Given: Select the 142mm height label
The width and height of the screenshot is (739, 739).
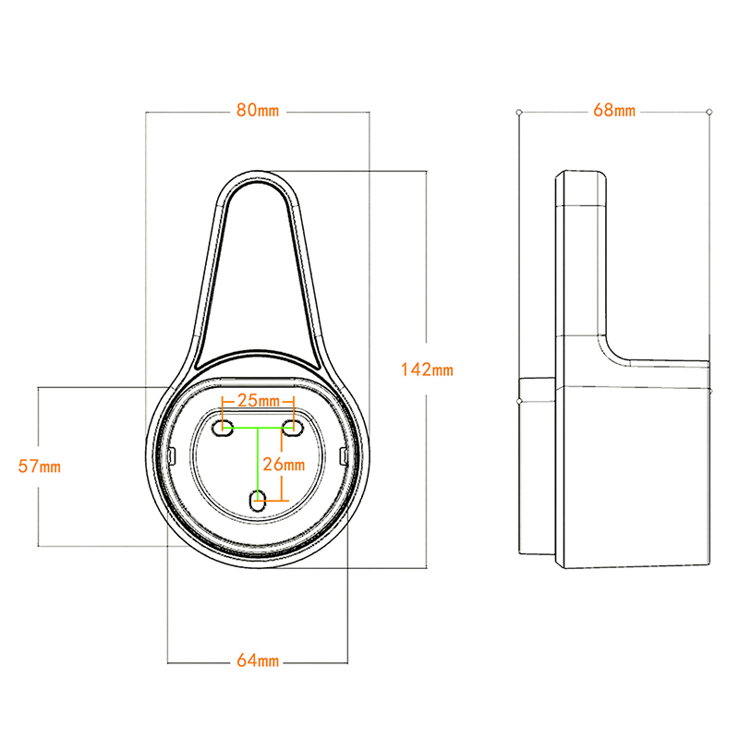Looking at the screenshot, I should tap(427, 369).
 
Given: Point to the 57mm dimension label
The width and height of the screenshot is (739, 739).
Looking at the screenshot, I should tap(39, 466).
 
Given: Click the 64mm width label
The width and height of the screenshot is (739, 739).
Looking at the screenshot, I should tap(258, 660).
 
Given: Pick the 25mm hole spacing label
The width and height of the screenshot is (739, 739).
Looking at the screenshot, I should tap(258, 401).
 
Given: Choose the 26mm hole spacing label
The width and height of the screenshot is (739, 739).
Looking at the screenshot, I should tap(283, 462).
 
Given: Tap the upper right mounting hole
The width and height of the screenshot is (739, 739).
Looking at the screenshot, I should tap(293, 428).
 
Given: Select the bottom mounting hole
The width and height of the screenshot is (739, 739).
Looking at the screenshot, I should tap(259, 500).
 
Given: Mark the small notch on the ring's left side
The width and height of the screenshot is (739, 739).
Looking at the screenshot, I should tap(174, 455).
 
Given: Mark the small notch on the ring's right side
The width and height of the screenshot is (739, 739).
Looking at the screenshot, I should tap(344, 455).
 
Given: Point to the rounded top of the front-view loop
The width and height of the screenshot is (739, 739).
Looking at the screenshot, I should tap(259, 177).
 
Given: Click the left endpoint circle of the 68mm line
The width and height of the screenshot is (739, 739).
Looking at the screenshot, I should tap(519, 112).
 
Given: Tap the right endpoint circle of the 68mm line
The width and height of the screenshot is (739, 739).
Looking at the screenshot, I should tap(709, 112).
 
